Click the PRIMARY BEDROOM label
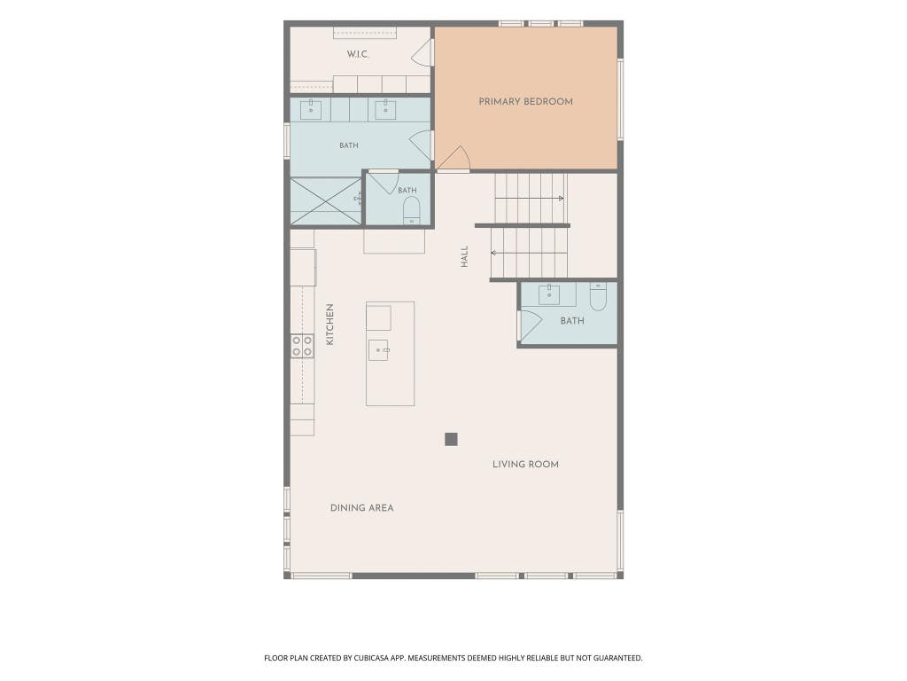tap(525, 101)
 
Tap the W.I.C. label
tap(358, 54)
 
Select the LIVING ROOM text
tap(525, 464)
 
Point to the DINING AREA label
tap(361, 508)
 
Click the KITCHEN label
tap(329, 325)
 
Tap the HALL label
tap(464, 256)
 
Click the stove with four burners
tap(302, 346)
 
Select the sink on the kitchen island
tap(379, 349)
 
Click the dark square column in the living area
tap(451, 439)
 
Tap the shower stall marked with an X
tap(326, 200)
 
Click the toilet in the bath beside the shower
tap(411, 210)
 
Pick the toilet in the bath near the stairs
tap(598, 296)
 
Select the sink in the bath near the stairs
tap(549, 294)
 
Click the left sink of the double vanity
tap(311, 109)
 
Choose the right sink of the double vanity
tap(385, 109)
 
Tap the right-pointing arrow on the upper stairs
tap(530, 199)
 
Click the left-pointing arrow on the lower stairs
tap(529, 253)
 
